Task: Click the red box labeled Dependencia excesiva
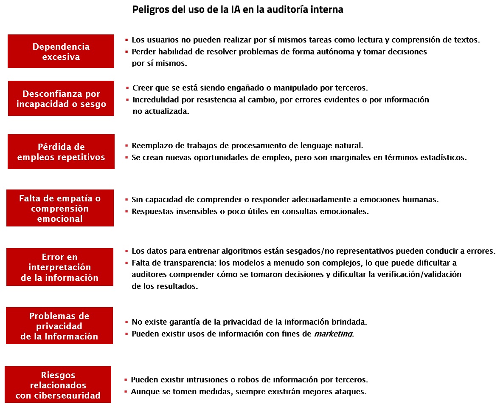(61, 51)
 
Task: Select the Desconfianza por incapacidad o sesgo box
(61, 98)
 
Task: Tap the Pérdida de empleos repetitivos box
(61, 152)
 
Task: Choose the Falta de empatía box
(60, 208)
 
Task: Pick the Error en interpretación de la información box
(60, 267)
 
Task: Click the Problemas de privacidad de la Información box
(59, 326)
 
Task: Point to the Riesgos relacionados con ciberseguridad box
(58, 385)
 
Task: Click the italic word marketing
(333, 334)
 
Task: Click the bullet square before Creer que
(127, 88)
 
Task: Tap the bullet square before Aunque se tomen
(126, 391)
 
